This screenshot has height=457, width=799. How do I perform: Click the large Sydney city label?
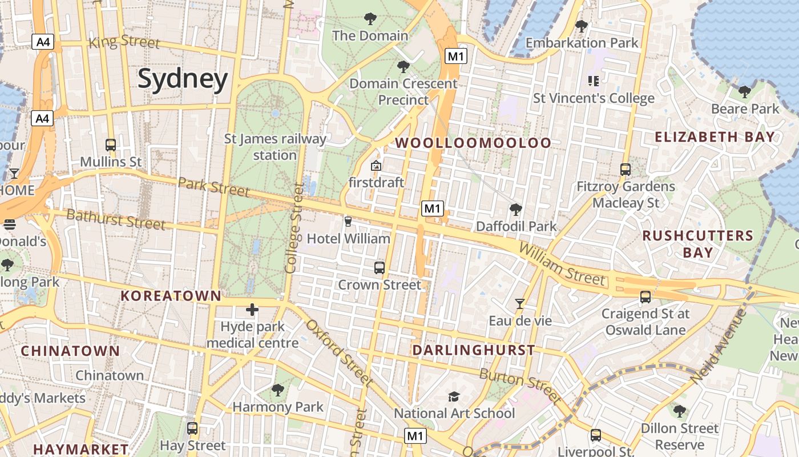tap(183, 79)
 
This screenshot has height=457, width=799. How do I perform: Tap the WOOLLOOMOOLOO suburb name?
tap(473, 143)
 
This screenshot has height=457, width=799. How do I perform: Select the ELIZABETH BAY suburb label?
tap(715, 137)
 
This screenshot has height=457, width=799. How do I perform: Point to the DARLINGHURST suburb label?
tap(474, 350)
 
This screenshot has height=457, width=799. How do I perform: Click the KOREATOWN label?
tap(171, 296)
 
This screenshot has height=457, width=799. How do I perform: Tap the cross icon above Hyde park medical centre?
tap(252, 310)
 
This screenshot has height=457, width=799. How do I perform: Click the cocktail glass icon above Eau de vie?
tap(519, 303)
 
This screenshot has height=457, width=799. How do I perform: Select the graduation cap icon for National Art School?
tap(454, 396)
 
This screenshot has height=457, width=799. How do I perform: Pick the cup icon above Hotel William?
tap(348, 221)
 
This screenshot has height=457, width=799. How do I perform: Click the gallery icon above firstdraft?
tap(376, 166)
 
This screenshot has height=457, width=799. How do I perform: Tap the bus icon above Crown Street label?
tap(379, 267)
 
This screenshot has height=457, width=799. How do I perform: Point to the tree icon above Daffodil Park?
tap(516, 210)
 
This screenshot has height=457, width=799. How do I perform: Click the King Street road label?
tap(124, 42)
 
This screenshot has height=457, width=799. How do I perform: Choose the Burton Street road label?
tap(520, 385)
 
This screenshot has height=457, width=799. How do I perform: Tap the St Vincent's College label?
tap(594, 98)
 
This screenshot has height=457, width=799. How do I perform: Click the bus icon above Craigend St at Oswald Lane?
tap(645, 297)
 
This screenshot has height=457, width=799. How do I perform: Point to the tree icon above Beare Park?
tap(744, 91)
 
